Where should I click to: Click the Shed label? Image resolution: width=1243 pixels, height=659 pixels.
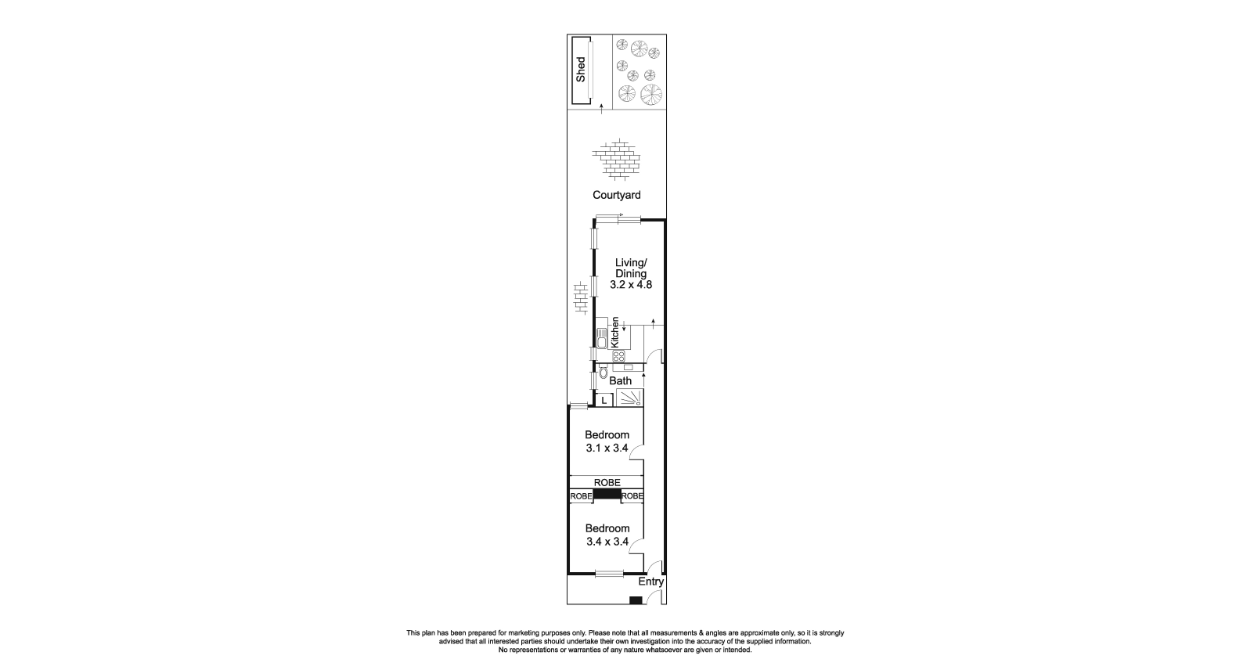(581, 70)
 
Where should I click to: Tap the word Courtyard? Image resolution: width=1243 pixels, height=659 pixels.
(616, 195)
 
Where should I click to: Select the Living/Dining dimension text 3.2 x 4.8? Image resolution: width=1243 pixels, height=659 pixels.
(631, 285)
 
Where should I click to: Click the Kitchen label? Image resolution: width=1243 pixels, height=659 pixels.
(615, 333)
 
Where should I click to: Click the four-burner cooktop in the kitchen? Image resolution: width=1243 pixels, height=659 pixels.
(618, 356)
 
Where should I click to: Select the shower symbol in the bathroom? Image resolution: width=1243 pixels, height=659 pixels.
(629, 398)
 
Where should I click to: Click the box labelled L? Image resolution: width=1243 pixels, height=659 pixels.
(603, 401)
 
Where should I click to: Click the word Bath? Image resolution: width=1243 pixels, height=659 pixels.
(621, 381)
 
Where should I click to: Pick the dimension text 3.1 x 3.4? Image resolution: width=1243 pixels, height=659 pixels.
(607, 448)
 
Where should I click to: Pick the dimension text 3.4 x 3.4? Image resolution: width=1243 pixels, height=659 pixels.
(607, 541)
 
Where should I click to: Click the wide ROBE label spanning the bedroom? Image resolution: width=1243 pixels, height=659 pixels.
(607, 482)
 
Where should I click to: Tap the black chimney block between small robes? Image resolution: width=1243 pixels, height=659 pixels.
(607, 495)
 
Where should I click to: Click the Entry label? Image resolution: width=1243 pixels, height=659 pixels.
(650, 582)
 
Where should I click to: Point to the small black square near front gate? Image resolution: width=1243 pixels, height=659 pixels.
(636, 600)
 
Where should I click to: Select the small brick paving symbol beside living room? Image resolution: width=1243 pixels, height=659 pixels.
(580, 298)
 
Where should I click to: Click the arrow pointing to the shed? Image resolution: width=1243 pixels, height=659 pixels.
(601, 109)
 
